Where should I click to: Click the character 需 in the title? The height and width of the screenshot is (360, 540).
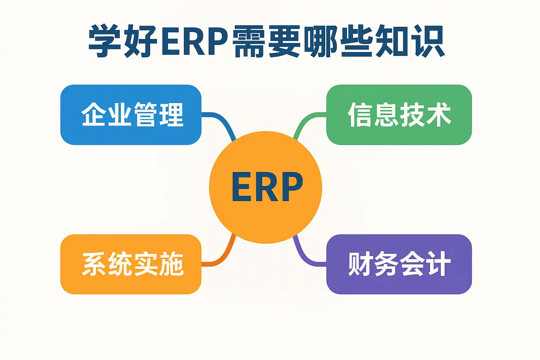coord(249,41)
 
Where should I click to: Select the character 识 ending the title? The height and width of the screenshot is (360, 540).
coord(429,41)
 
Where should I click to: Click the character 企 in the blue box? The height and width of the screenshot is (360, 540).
coord(94,115)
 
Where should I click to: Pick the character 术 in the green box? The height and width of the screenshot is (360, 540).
coord(439,115)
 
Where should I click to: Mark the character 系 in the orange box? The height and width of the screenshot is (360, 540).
coord(94,264)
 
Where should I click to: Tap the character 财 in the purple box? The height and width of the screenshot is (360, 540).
coord(360,264)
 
